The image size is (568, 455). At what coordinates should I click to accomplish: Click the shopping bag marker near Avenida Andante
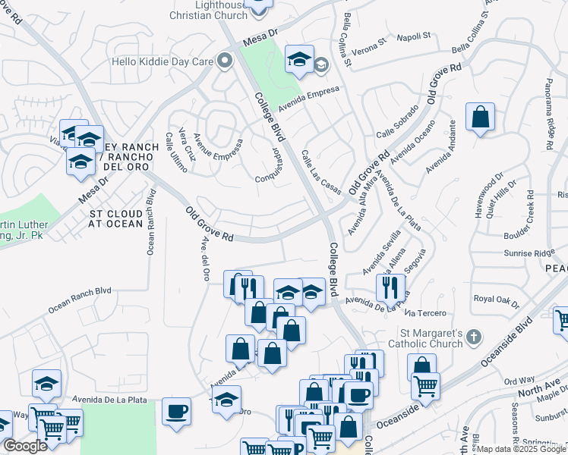(x=480, y=118)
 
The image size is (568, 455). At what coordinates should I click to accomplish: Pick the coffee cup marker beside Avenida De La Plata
(x=177, y=411)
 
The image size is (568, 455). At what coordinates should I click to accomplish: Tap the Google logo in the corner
(x=25, y=447)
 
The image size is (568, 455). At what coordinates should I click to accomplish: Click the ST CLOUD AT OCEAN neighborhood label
(x=115, y=218)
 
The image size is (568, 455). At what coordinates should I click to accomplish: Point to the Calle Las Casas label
(x=321, y=171)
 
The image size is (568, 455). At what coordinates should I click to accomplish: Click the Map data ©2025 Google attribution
(x=522, y=449)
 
